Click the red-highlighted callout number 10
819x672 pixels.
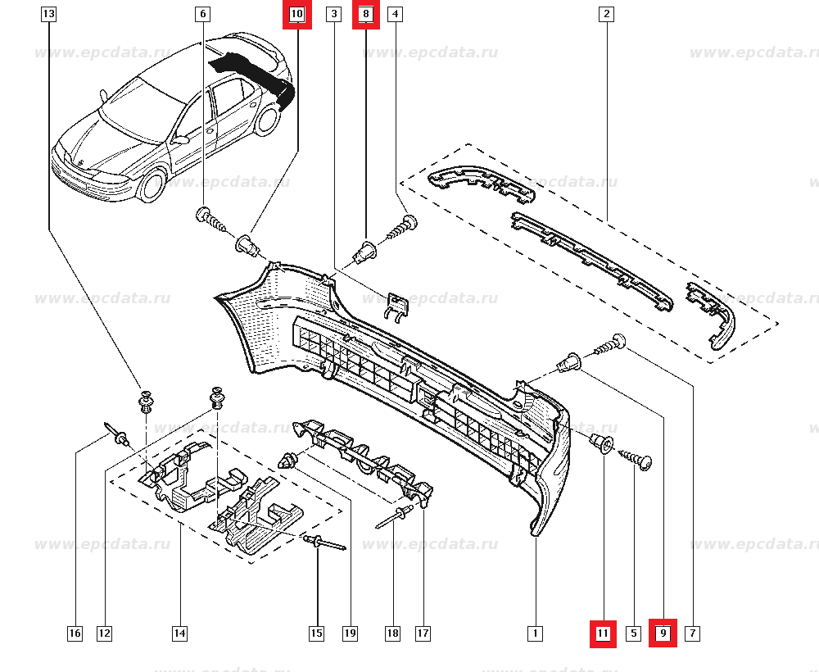point(296,14)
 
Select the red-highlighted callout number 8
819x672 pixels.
point(366,14)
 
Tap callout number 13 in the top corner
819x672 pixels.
point(48,14)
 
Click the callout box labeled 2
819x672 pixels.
point(606,14)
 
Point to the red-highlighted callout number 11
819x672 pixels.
point(603,633)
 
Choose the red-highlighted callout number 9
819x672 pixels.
point(663,633)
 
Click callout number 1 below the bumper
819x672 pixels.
point(534,633)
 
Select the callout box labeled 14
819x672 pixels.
point(179,633)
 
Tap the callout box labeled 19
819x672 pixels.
point(350,633)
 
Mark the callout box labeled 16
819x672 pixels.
point(75,633)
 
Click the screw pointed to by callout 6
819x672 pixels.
point(210,220)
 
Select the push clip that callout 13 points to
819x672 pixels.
point(145,402)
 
